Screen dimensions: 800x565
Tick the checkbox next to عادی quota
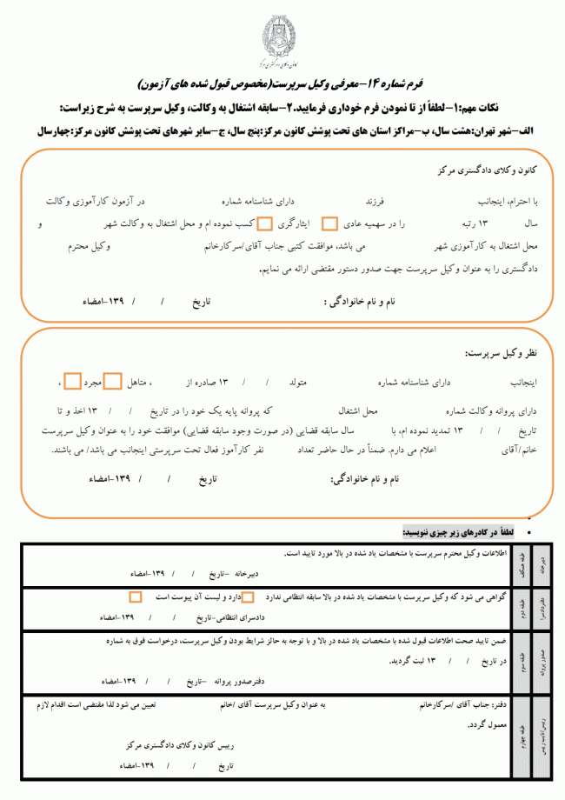(x=329, y=223)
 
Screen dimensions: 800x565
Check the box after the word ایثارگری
(x=265, y=223)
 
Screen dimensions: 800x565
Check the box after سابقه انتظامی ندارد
(x=248, y=598)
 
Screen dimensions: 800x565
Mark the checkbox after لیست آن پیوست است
(x=135, y=598)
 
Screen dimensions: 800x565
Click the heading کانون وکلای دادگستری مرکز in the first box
(x=482, y=171)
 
